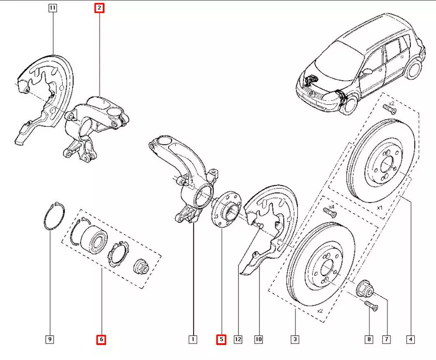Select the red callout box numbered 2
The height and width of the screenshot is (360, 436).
tap(100, 8)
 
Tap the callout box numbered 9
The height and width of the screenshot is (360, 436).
tap(50, 339)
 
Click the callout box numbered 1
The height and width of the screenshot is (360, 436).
tap(192, 339)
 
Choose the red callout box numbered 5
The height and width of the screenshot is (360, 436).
tap(221, 339)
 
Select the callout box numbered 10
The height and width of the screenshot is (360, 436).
tap(259, 339)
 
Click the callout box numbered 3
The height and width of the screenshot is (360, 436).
tap(295, 339)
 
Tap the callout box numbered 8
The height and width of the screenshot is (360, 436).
tap(370, 339)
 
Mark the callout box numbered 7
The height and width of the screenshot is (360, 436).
tap(387, 339)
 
